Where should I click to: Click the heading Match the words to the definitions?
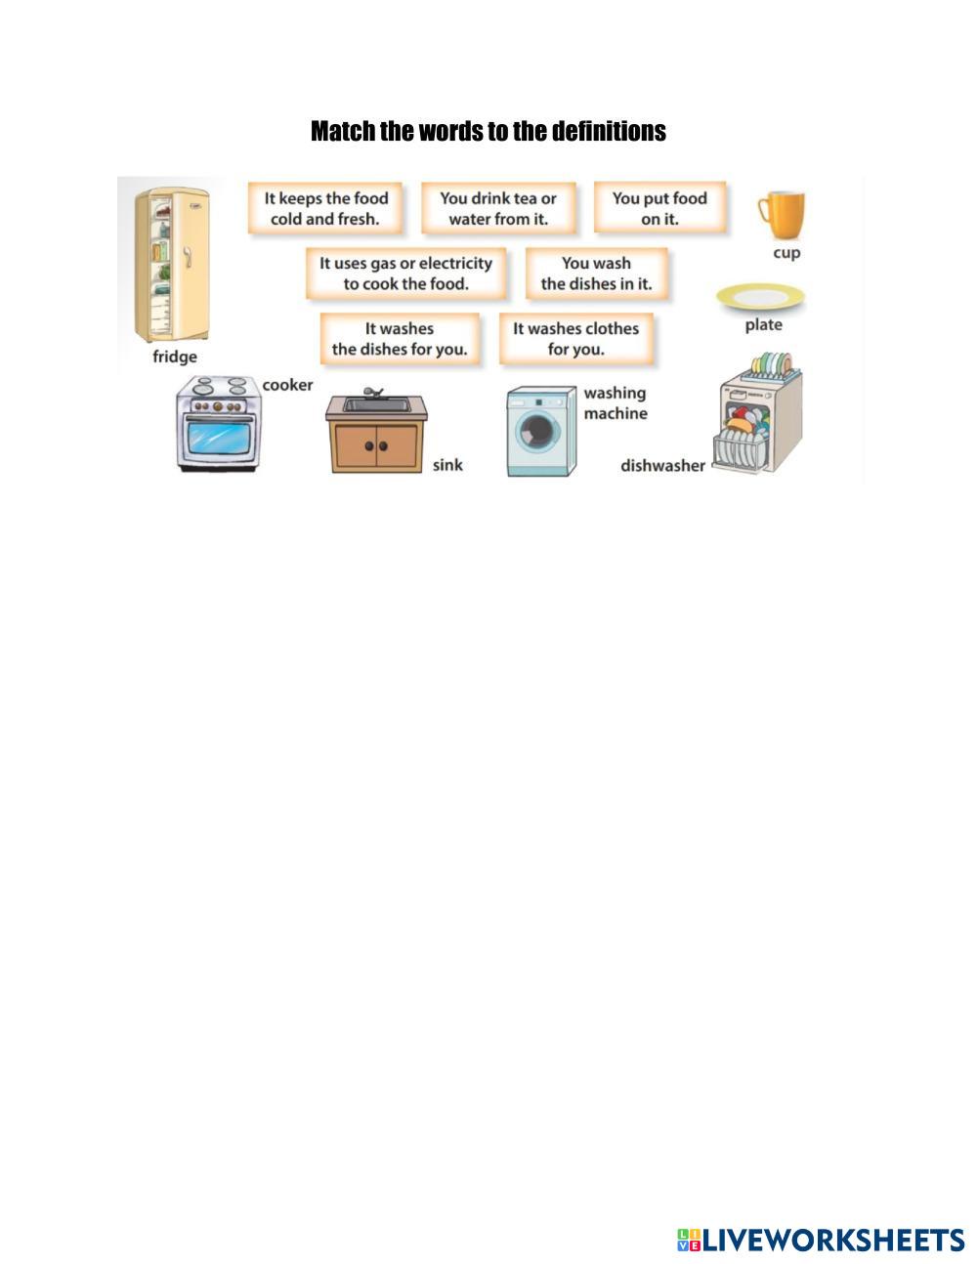(x=488, y=131)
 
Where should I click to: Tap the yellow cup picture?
(x=780, y=215)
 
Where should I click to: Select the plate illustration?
(x=760, y=296)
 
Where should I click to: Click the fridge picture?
(x=172, y=264)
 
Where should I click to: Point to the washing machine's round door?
(x=536, y=431)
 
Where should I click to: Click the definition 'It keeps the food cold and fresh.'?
(x=325, y=208)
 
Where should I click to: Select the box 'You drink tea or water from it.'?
(x=498, y=208)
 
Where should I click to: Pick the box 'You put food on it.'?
(x=659, y=208)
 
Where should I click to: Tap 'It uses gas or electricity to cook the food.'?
(x=405, y=274)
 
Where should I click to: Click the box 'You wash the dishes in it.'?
(x=596, y=274)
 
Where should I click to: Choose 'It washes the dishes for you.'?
(x=400, y=339)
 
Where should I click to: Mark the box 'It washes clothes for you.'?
(x=575, y=339)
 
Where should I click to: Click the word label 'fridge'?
(x=175, y=357)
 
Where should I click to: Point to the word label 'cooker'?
(x=287, y=385)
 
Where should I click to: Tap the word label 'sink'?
(x=447, y=465)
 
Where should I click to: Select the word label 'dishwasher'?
(x=662, y=466)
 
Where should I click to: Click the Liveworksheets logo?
(x=821, y=1240)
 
